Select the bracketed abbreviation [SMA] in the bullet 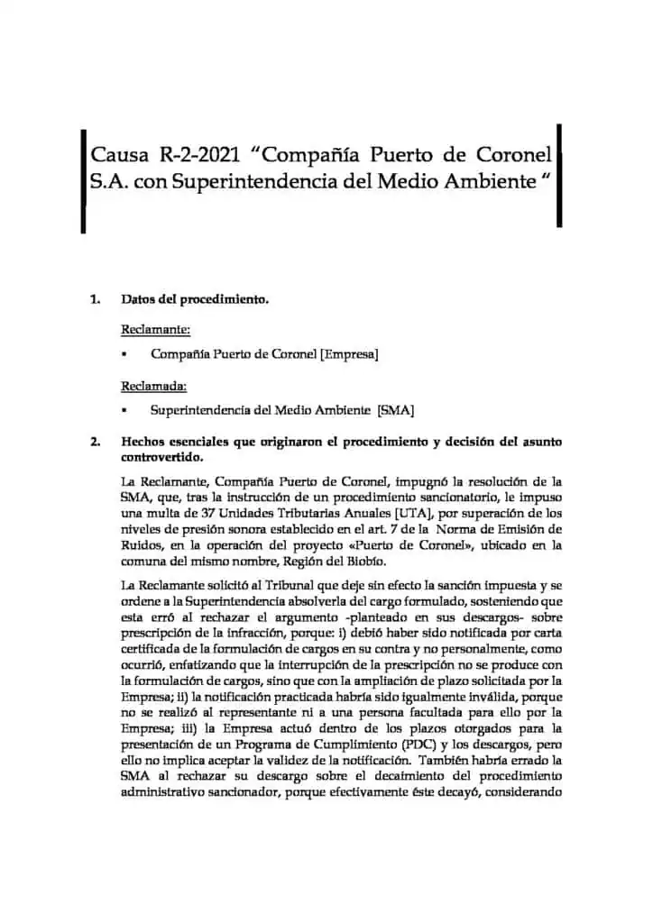click(x=395, y=411)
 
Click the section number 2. click(x=95, y=442)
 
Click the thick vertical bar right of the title click(x=560, y=176)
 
